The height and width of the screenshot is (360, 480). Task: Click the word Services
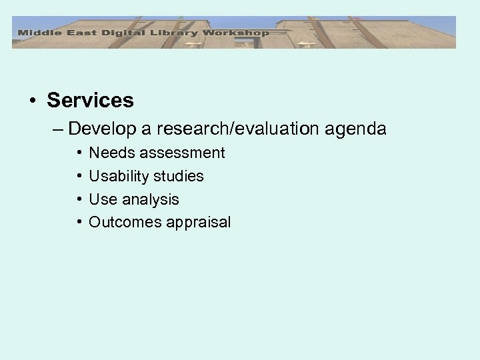[90, 101]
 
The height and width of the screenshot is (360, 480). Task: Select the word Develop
[99, 128]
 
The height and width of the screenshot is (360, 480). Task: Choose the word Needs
[110, 153]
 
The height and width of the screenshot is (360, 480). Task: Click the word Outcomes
[121, 223]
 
